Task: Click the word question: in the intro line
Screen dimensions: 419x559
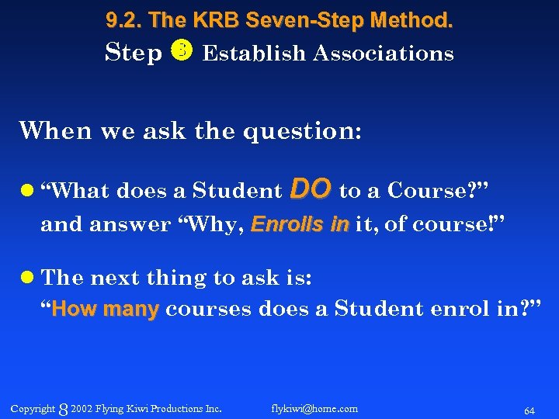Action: (302, 130)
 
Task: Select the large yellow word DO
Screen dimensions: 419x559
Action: (311, 189)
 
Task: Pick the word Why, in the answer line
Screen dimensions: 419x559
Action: (218, 225)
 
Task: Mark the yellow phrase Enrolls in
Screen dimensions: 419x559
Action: (300, 225)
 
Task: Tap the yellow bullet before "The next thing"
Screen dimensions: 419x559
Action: (28, 278)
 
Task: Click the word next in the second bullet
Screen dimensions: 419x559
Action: (113, 278)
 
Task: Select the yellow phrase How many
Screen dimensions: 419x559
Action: (106, 310)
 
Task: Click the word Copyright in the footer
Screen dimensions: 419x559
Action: (33, 408)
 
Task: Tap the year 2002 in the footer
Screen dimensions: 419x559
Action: (81, 408)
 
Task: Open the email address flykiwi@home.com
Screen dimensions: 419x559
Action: (314, 408)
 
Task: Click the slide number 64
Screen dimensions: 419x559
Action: (529, 410)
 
